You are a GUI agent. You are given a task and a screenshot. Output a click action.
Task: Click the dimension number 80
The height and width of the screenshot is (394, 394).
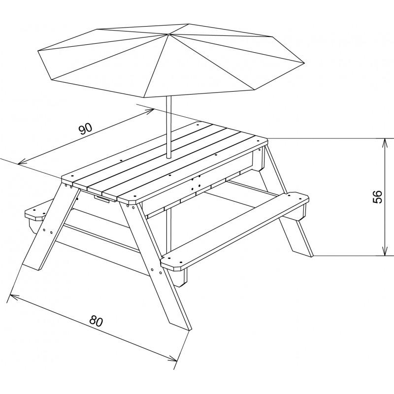[x=96, y=322]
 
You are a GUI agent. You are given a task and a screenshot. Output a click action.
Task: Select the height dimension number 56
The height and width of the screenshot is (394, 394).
[x=377, y=197]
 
